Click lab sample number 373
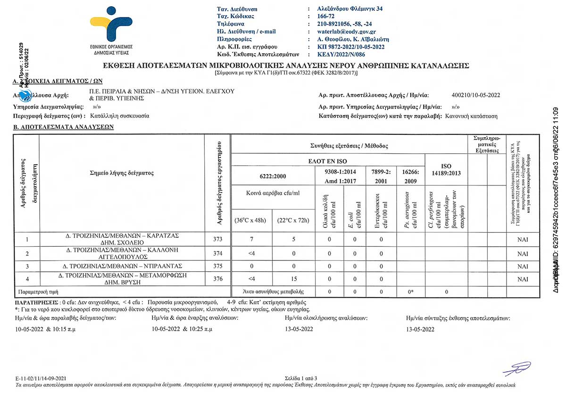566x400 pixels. (217, 239)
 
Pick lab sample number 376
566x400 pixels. (217, 279)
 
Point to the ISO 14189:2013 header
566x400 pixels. (446, 170)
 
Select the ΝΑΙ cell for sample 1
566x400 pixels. (522, 239)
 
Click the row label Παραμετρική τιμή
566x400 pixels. (38, 292)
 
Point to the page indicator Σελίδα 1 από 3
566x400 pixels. (301, 378)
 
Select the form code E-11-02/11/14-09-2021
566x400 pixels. (41, 378)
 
